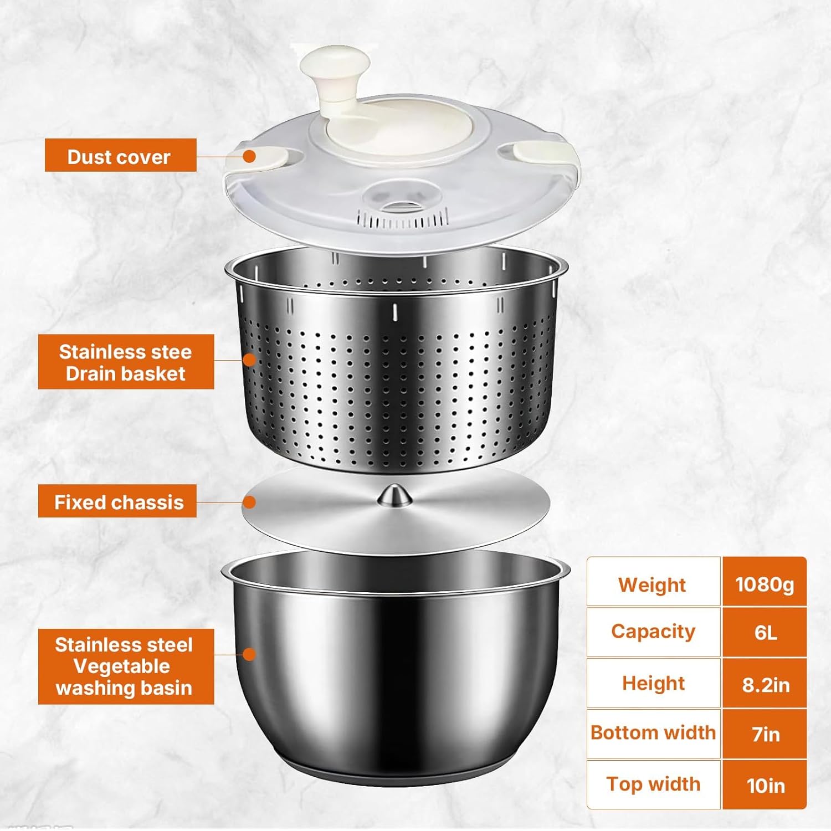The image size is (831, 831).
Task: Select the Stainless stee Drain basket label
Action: coord(126,362)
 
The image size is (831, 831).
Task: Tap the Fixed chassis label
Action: coord(117,501)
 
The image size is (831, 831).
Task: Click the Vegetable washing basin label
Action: coord(126,666)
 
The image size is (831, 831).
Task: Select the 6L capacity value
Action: coord(765,632)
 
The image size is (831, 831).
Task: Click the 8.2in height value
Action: coord(765,685)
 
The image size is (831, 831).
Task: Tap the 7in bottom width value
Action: coord(765,735)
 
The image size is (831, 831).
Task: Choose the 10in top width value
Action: coord(765,786)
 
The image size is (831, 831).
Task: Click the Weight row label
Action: coord(653,584)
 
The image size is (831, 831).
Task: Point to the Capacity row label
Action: coord(653,632)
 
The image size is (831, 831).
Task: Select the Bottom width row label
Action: coord(653,732)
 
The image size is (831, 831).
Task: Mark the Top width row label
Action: coord(653,784)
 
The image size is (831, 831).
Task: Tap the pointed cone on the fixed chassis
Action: coord(394,495)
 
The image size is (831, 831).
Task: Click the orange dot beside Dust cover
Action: coord(249,156)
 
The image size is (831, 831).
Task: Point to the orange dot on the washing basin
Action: coord(249,654)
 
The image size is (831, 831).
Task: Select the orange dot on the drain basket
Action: coord(249,360)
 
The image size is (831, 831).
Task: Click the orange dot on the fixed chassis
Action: coord(249,502)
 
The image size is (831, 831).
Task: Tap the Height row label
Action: coord(653,683)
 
